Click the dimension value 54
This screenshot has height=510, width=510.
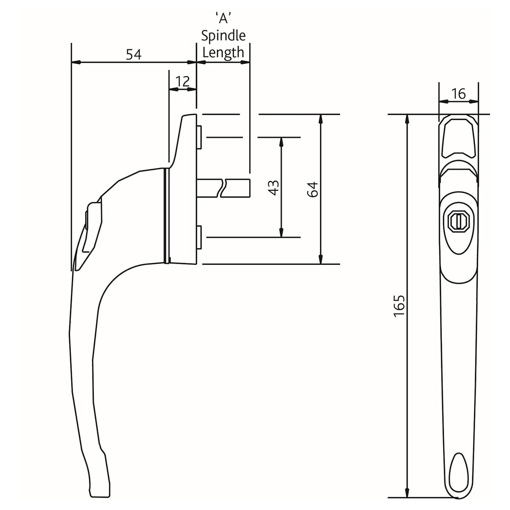pos(133,54)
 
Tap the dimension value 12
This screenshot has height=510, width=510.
pos(183,81)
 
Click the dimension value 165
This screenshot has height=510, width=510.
pos(399,306)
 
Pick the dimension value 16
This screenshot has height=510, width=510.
pos(459,93)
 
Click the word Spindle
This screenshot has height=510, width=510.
pos(224,36)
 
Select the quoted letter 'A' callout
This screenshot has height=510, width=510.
pos(224,19)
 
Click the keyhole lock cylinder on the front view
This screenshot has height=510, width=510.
pos(458,221)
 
